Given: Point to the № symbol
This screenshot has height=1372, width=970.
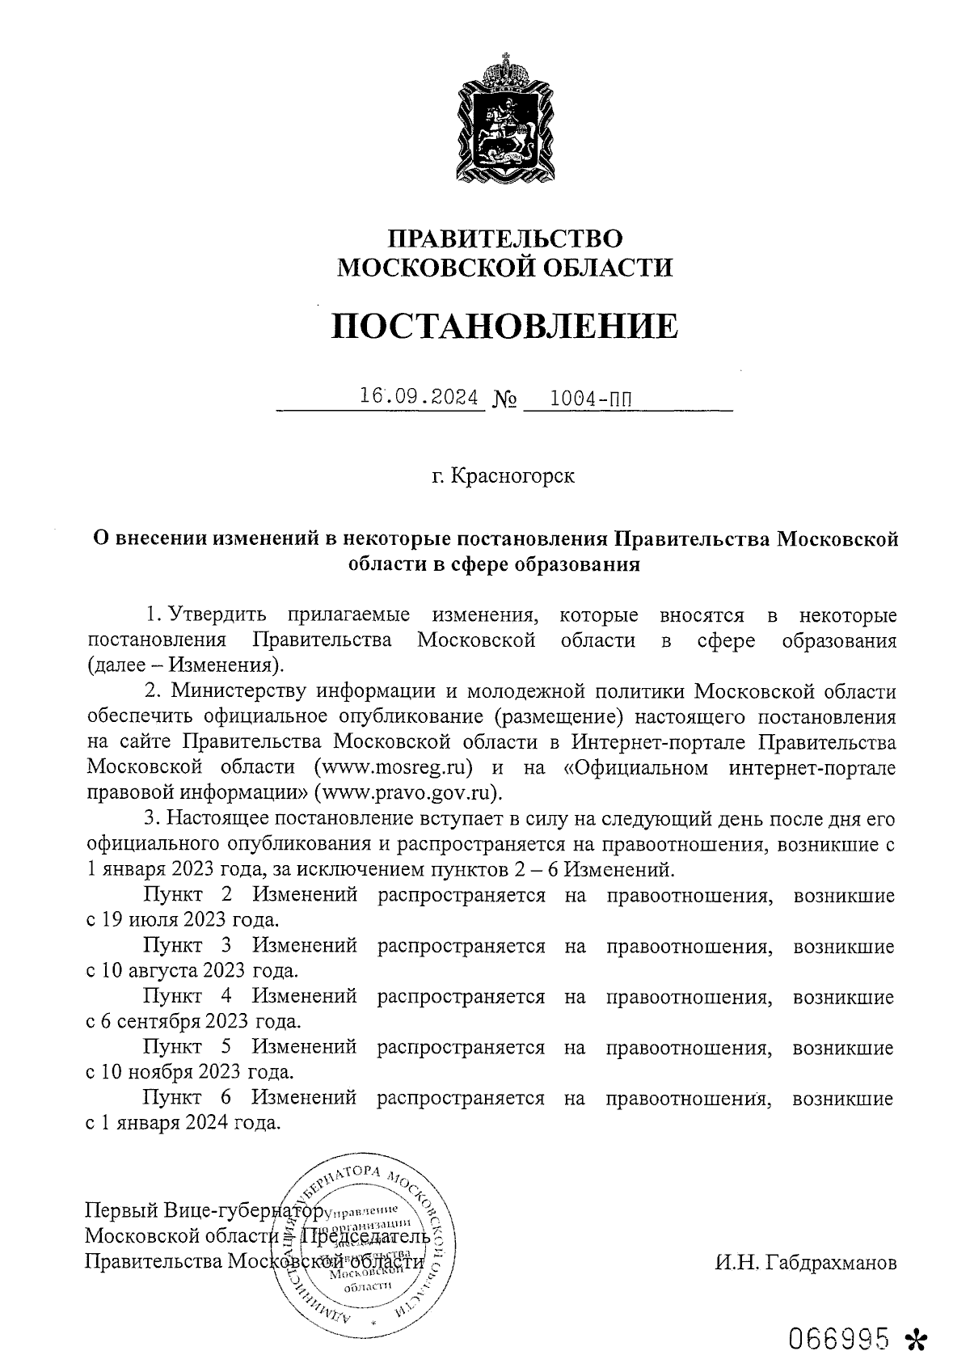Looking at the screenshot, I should pyautogui.click(x=504, y=399).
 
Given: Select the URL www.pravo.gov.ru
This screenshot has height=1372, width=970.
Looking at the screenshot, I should pyautogui.click(x=407, y=791).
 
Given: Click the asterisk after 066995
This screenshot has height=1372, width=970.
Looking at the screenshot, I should pyautogui.click(x=916, y=1338).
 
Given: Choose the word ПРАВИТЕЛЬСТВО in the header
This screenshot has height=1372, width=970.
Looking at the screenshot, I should pyautogui.click(x=506, y=239).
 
